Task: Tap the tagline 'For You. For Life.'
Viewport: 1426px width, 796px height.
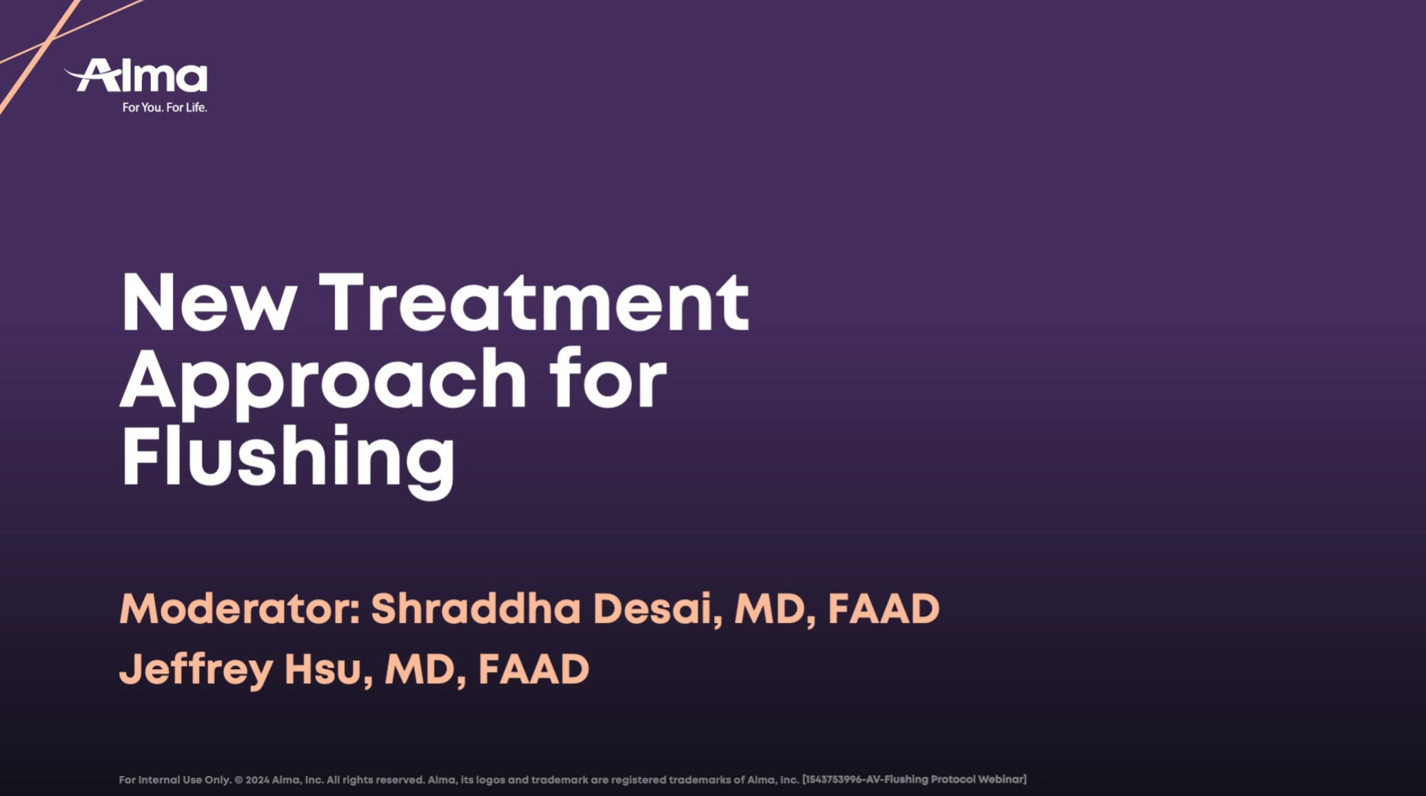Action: (x=165, y=108)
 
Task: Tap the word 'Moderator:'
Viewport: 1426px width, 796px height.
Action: (x=240, y=609)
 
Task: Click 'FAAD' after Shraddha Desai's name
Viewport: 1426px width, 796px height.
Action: (x=884, y=609)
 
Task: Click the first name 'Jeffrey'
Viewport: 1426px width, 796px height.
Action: (x=196, y=670)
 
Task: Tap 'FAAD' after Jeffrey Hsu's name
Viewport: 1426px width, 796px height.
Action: (x=533, y=669)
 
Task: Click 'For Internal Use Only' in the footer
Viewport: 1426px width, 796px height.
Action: (x=175, y=780)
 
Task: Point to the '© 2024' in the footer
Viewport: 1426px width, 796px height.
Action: (x=252, y=780)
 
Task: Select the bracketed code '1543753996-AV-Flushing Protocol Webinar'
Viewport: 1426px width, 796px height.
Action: (x=915, y=779)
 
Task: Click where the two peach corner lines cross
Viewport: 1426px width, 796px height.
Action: (x=46, y=43)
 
